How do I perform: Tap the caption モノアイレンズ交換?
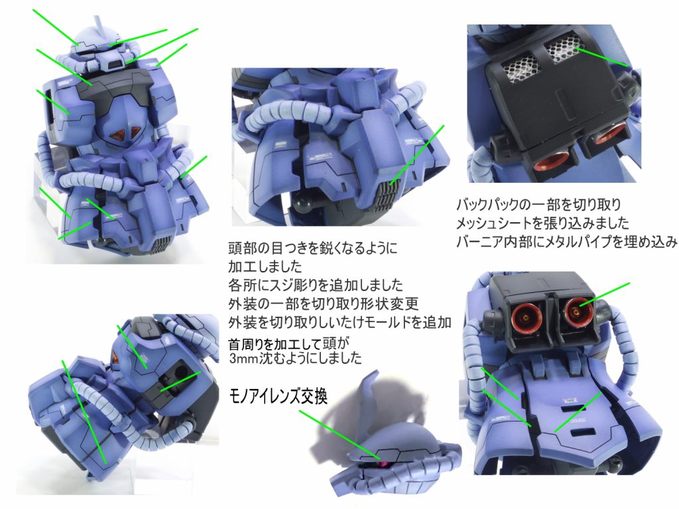278,396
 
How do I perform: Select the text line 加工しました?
265,266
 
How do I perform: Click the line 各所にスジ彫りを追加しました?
316,285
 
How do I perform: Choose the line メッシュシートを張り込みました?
542,223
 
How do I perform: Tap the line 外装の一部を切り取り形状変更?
324,304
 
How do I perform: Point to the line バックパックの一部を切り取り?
538,204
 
